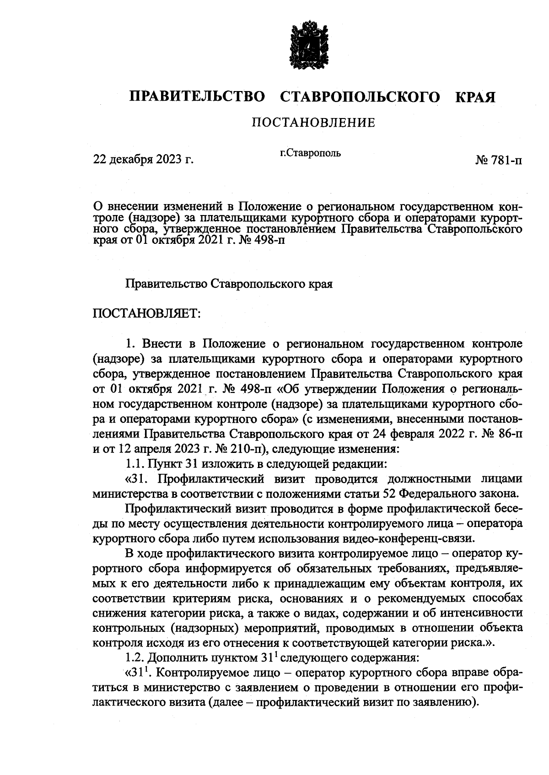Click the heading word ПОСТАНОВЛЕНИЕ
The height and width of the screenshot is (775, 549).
(x=313, y=123)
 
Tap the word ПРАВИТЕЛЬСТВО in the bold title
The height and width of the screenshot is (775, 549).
(x=197, y=97)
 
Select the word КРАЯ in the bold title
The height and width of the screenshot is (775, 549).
(x=475, y=97)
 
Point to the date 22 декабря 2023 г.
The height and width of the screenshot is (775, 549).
(x=144, y=160)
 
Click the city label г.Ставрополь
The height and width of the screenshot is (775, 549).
(x=310, y=153)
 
